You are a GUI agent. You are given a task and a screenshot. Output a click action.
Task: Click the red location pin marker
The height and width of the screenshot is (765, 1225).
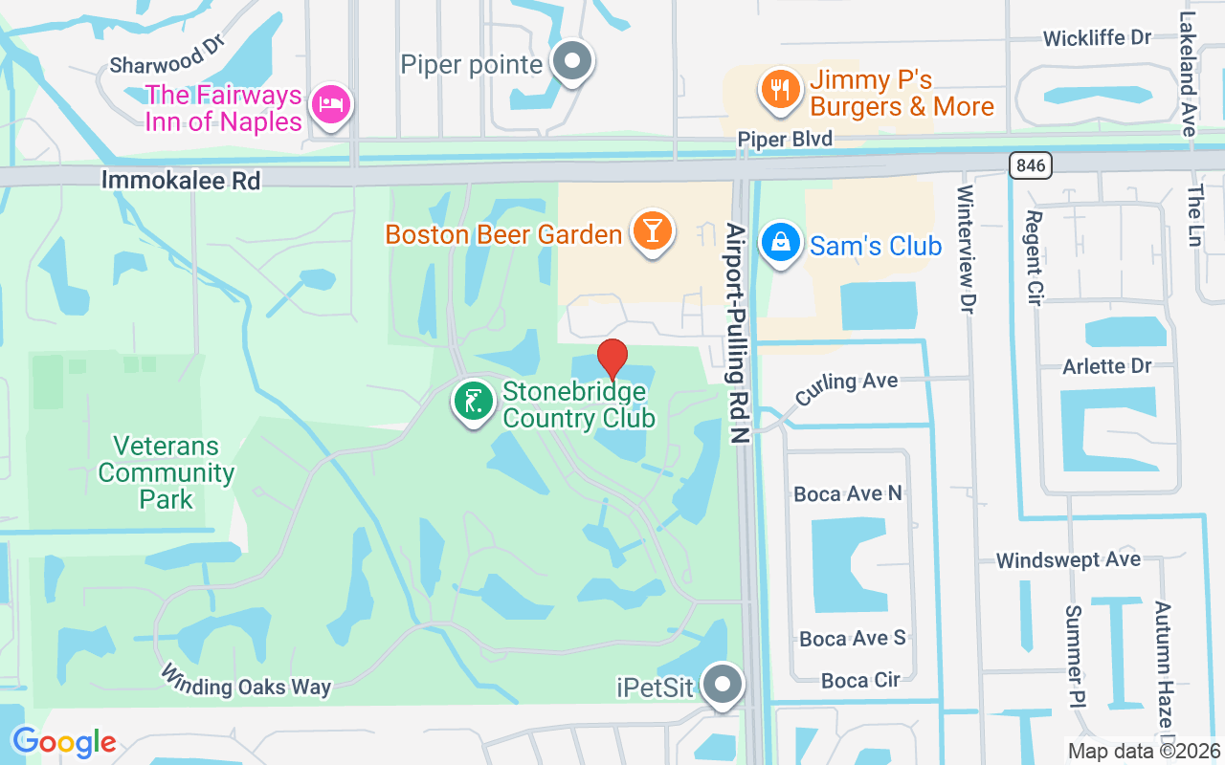pos(612,360)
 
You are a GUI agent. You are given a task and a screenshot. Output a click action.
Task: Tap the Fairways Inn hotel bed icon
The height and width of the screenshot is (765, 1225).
pos(330,105)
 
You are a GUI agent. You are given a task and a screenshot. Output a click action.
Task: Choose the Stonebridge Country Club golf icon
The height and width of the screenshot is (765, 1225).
pos(473,403)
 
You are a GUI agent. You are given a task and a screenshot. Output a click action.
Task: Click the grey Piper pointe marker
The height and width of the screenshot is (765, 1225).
pos(572,62)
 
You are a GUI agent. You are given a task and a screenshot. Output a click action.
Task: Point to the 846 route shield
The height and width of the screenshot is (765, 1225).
pos(1030,165)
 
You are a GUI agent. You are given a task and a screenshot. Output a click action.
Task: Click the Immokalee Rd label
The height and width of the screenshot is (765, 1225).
pos(181,180)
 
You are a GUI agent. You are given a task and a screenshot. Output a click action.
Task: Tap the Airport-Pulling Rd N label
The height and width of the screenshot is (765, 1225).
pos(736,334)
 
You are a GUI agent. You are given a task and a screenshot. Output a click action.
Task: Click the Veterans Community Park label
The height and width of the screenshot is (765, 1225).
pos(167,472)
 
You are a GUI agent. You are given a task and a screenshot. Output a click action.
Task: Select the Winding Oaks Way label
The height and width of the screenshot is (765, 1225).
pos(245,680)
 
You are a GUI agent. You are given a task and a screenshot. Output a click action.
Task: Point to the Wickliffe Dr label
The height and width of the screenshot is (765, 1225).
pos(1097,38)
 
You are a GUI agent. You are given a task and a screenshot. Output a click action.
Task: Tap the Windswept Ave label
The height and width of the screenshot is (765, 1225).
pos(1068,559)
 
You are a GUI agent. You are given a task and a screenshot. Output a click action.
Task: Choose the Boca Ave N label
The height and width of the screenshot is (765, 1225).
pos(848,493)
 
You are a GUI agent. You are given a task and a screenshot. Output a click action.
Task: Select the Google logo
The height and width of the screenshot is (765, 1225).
pos(64,742)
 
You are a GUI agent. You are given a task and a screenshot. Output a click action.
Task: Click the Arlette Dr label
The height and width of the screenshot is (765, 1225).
pos(1107,366)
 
